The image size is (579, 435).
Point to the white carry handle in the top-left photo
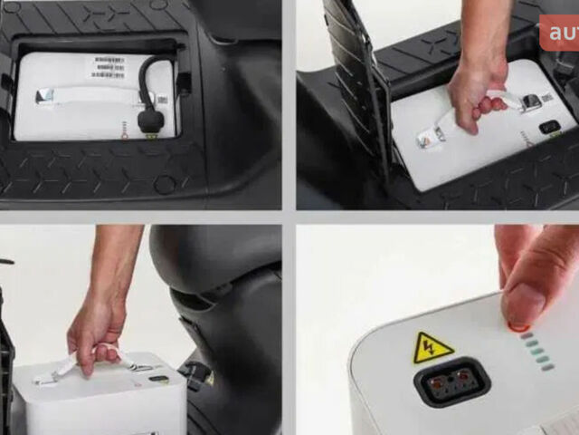point(81,94)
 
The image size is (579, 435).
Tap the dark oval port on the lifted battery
point(158,378)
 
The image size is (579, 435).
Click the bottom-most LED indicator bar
point(547,366)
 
